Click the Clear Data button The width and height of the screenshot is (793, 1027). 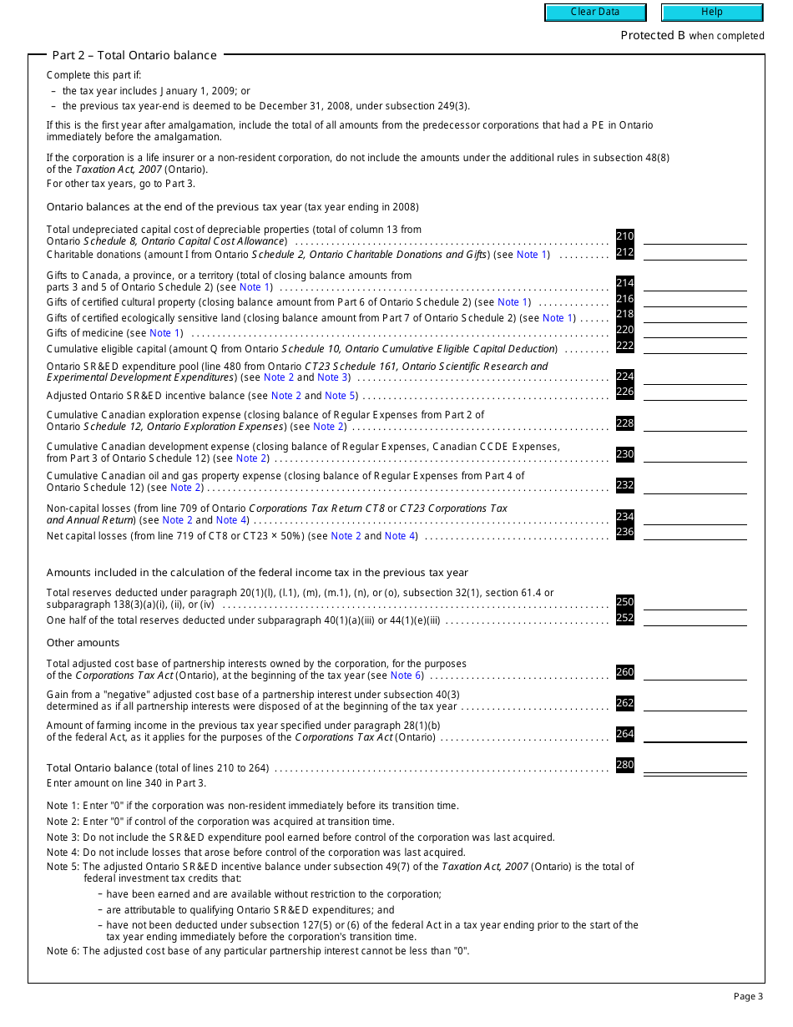[x=595, y=13]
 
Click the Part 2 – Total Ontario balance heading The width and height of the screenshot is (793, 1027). [x=134, y=55]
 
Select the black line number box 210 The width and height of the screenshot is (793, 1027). [x=624, y=236]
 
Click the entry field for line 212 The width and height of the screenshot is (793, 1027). [x=695, y=253]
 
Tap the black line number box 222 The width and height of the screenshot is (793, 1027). [x=624, y=347]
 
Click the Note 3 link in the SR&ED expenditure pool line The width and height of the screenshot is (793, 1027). [x=328, y=377]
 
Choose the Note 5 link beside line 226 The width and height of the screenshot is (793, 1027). [x=340, y=396]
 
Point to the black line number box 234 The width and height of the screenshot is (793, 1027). [x=624, y=517]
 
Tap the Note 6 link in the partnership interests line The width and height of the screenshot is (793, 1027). [x=406, y=675]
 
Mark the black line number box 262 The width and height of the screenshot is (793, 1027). [x=624, y=703]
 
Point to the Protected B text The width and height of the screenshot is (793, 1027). [x=647, y=36]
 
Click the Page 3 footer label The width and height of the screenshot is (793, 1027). [x=748, y=996]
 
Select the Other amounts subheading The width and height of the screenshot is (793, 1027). [x=83, y=643]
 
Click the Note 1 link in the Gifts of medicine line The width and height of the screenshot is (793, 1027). [x=165, y=333]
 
